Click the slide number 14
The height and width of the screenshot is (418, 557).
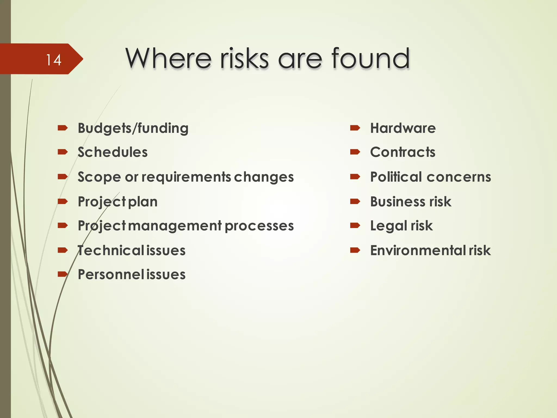pos(54,60)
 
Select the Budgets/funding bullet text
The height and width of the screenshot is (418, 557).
pos(133,128)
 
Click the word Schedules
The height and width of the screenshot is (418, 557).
pos(113,152)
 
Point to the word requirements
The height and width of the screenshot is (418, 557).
pos(186,177)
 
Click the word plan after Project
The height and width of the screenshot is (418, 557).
pos(143,202)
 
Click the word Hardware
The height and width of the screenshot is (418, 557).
pos(403,128)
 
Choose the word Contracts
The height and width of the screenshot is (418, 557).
pos(403,152)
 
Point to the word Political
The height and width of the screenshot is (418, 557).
pos(396,177)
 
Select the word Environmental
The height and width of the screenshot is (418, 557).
pos(418,250)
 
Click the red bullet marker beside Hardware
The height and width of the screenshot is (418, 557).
pos(355,128)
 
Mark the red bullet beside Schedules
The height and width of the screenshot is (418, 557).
pos(63,152)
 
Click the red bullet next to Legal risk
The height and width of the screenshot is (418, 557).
pos(355,225)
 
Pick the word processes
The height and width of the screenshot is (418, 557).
pos(259,226)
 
